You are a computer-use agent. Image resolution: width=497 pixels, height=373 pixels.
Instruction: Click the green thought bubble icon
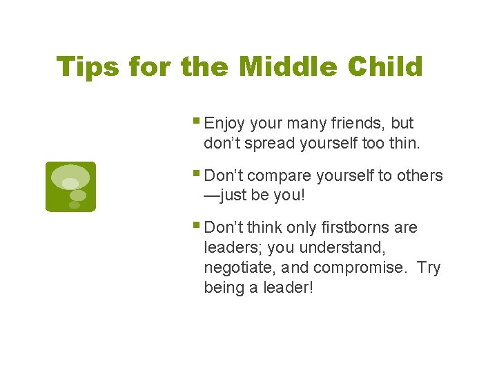coord(70,186)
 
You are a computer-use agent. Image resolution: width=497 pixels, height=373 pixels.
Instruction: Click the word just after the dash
coord(235,195)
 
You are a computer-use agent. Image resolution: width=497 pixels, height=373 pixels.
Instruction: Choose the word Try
coord(429,267)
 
